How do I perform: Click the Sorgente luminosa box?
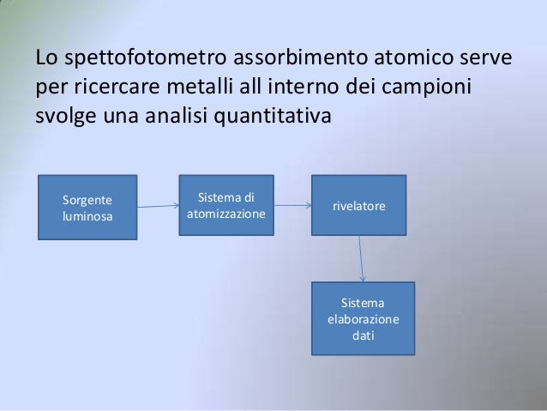point(87,207)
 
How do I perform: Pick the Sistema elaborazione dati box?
point(364,317)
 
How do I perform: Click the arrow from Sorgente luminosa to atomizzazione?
point(158,206)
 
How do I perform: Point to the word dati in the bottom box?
point(364,334)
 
